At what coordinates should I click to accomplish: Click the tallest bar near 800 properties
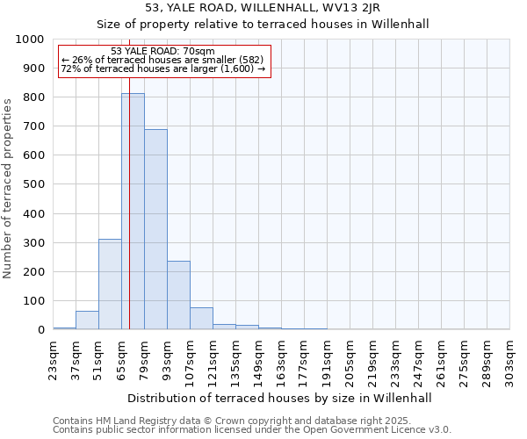(x=133, y=211)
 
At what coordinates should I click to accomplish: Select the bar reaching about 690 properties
(x=155, y=229)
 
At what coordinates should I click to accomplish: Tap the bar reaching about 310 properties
(x=110, y=284)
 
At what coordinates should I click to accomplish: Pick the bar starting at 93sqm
(x=178, y=295)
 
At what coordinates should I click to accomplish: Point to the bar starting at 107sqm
(x=201, y=319)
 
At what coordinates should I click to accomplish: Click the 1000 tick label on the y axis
(x=30, y=40)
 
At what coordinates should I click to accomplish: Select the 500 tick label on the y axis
(x=33, y=184)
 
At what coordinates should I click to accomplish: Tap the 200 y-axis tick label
(x=33, y=271)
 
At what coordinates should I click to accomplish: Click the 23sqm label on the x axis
(x=54, y=358)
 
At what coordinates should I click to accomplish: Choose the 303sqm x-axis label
(x=510, y=358)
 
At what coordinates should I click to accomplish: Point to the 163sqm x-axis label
(x=282, y=358)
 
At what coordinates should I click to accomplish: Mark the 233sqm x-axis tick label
(x=396, y=358)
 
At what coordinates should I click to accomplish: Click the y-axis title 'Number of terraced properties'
(x=9, y=188)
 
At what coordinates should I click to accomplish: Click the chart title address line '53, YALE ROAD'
(x=281, y=9)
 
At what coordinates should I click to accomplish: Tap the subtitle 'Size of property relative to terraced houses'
(x=281, y=24)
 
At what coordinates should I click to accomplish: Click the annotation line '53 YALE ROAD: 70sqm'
(x=163, y=52)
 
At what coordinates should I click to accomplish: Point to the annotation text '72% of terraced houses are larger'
(x=163, y=68)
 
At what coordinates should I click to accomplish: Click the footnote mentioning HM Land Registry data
(x=230, y=421)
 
